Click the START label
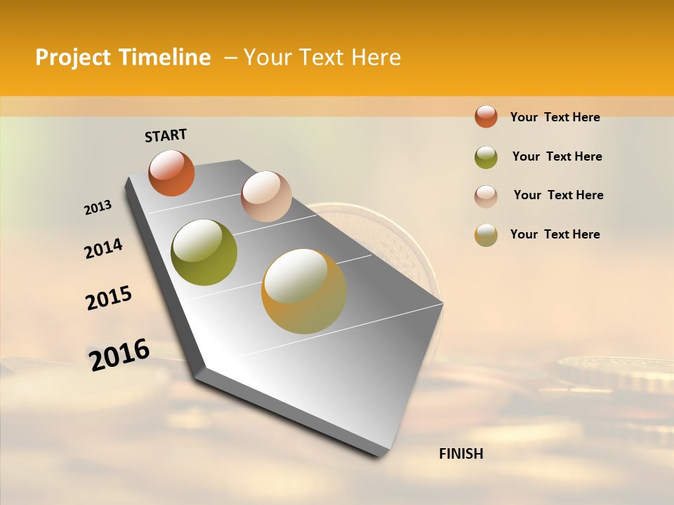click(x=166, y=135)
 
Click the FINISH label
click(x=461, y=454)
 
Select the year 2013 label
click(x=98, y=208)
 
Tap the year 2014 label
click(x=103, y=248)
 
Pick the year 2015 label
click(x=109, y=298)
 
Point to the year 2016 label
click(x=119, y=354)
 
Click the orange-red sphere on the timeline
click(x=171, y=173)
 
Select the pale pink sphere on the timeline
click(x=266, y=196)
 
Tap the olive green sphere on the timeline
click(x=204, y=252)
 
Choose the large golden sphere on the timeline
click(x=304, y=291)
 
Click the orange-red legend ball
click(x=486, y=116)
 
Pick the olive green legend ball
click(x=486, y=156)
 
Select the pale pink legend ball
click(x=486, y=196)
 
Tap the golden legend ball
click(x=486, y=235)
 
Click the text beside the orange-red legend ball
click(x=555, y=117)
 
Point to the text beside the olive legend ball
click(x=557, y=156)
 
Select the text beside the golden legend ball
click(x=555, y=234)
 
